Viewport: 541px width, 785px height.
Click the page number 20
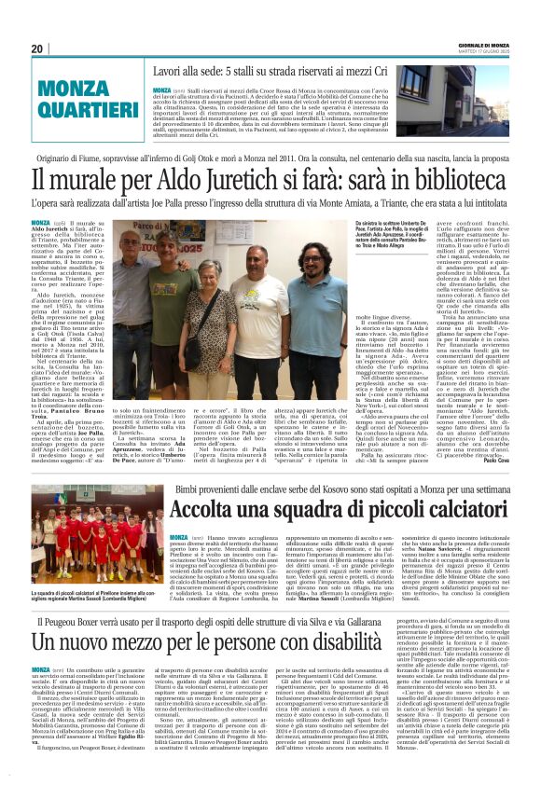click(37, 48)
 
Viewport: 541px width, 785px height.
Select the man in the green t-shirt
click(173, 298)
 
